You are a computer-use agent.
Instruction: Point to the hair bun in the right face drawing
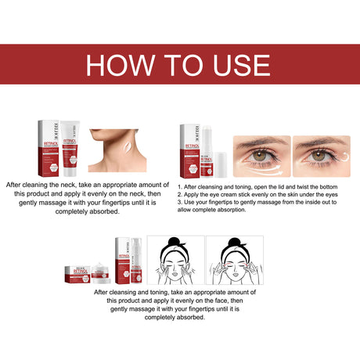pyautogui.click(x=234, y=243)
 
